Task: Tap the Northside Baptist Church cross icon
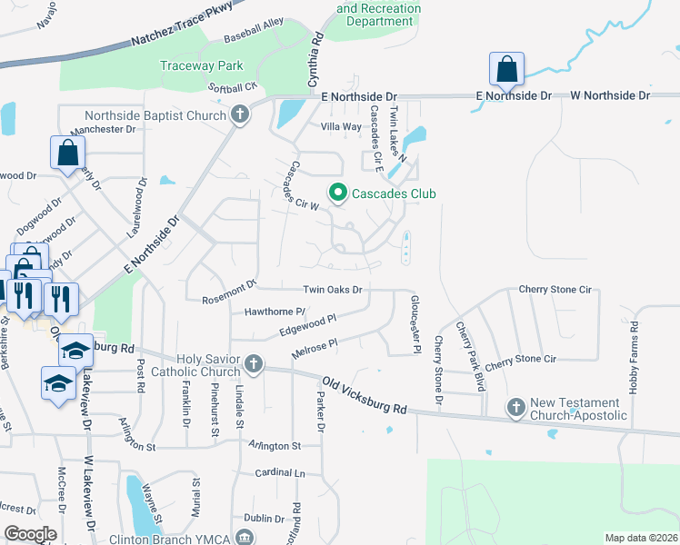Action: pyautogui.click(x=240, y=115)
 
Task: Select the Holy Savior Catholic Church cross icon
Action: pyautogui.click(x=254, y=364)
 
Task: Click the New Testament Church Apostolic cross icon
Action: pyautogui.click(x=516, y=408)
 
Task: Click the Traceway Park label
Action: pyautogui.click(x=202, y=65)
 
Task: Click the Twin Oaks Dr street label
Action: pyautogui.click(x=333, y=290)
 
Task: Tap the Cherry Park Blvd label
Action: pyautogui.click(x=469, y=357)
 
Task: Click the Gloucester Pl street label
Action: pyautogui.click(x=415, y=323)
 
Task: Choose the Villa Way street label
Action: pyautogui.click(x=341, y=126)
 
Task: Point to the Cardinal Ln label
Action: pyautogui.click(x=280, y=472)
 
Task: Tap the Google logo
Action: pyautogui.click(x=30, y=534)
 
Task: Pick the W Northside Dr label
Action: pyautogui.click(x=610, y=94)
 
